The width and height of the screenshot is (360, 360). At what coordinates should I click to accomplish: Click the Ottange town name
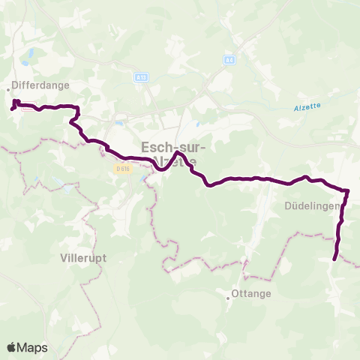pyautogui.click(x=252, y=293)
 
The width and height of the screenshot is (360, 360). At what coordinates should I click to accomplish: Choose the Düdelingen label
pyautogui.click(x=313, y=204)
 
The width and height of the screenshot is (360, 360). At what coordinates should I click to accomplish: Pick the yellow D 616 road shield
pyautogui.click(x=123, y=169)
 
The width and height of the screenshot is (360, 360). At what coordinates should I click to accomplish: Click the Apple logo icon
pyautogui.click(x=12, y=347)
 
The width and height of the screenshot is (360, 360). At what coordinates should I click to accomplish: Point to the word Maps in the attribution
pyautogui.click(x=33, y=347)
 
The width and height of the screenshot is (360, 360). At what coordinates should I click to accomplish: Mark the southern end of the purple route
pyautogui.click(x=334, y=259)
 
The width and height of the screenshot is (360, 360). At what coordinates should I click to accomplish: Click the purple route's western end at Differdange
pyautogui.click(x=11, y=109)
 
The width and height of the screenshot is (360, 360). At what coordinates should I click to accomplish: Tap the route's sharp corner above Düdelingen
pyautogui.click(x=347, y=190)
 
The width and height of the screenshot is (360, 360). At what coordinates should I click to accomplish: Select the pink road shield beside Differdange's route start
pyautogui.click(x=27, y=107)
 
